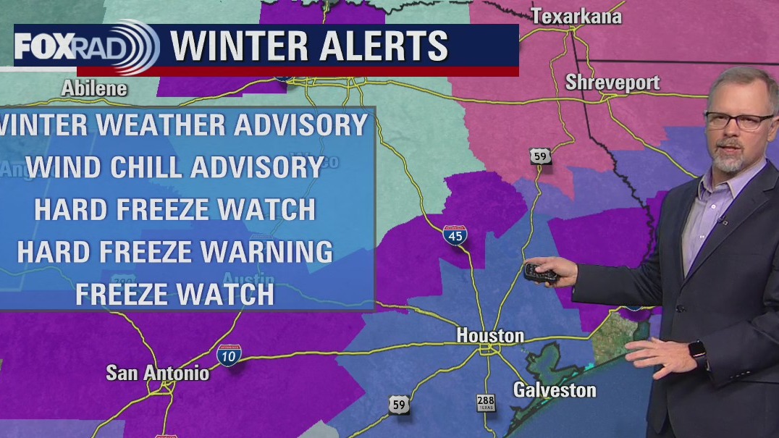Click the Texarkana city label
tap(576, 16)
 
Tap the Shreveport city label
tap(612, 82)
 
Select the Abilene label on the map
tap(94, 88)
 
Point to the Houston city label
tap(490, 336)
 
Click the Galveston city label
tap(555, 389)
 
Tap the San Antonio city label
tap(157, 373)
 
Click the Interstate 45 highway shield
tap(455, 235)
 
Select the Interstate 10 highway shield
tap(230, 355)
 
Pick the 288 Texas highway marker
tap(486, 403)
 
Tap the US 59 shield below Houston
tap(398, 405)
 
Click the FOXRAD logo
tap(85, 47)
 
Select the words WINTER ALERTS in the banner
tap(310, 46)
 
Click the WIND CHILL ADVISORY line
tap(178, 167)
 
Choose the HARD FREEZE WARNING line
tap(174, 252)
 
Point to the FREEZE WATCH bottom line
tap(174, 294)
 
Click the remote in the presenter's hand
tap(540, 273)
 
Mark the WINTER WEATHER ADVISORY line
tap(185, 125)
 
